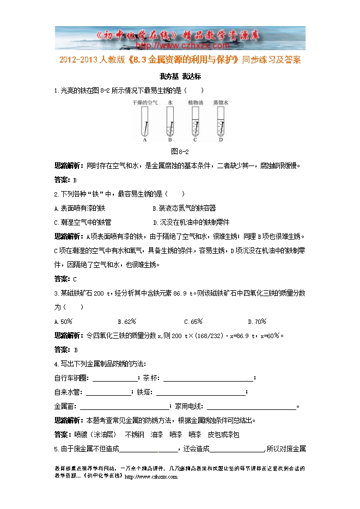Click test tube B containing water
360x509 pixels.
point(170,120)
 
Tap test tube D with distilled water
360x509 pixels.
point(220,120)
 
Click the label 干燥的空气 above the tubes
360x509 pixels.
point(144,102)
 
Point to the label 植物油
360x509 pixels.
point(195,102)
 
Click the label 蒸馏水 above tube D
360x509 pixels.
point(220,102)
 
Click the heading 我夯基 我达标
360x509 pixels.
point(179,77)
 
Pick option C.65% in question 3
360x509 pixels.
point(193,321)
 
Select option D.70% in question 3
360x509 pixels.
point(257,321)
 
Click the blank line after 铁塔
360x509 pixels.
point(200,393)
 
